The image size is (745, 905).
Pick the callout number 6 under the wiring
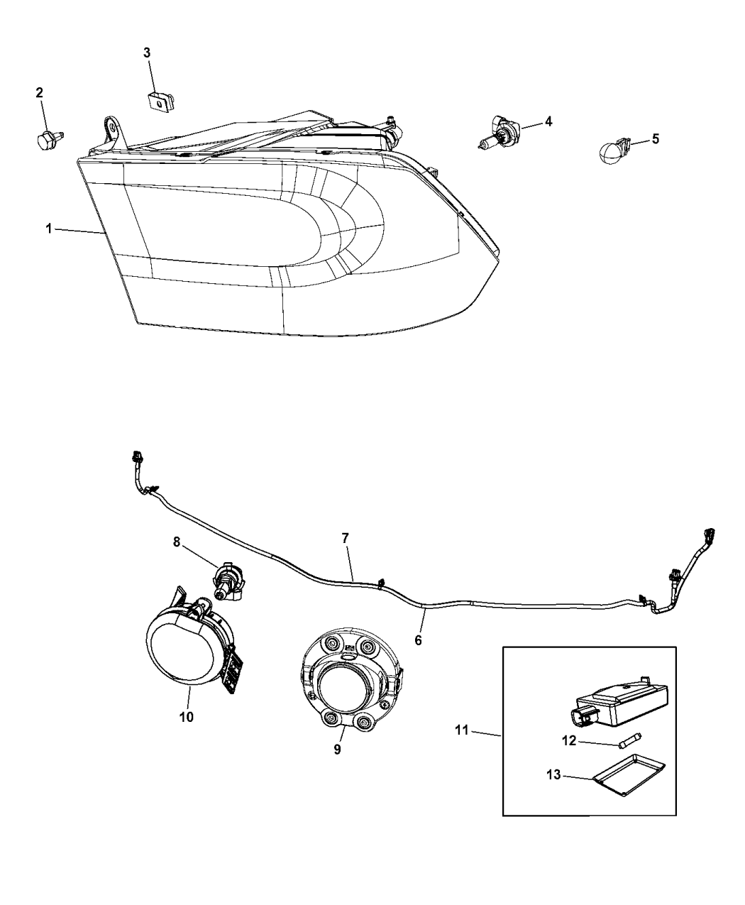418,640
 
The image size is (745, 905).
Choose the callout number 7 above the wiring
346,538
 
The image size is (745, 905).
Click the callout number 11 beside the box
462,730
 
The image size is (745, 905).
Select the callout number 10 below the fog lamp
185,717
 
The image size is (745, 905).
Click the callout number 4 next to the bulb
548,121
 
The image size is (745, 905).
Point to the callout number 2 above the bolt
39,92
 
